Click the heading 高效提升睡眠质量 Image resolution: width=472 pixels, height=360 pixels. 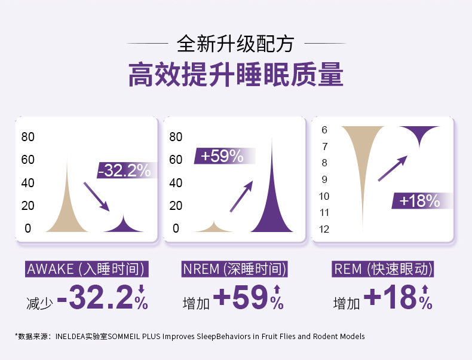tap(236, 75)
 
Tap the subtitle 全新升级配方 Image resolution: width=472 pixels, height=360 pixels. tap(235, 45)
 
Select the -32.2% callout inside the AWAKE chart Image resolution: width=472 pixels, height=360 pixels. tap(124, 170)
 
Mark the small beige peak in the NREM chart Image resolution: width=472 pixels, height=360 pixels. tap(214, 227)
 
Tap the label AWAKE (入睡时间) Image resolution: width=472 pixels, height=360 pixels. tap(86, 269)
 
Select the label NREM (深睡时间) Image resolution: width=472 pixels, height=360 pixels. tap(235, 269)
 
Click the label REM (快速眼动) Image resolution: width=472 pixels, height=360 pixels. tap(383, 269)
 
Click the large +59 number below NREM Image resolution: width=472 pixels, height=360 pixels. tap(240, 297)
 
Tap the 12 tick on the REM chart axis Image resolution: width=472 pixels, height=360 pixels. tap(324, 229)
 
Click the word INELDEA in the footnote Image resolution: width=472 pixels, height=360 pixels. tap(71, 337)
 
